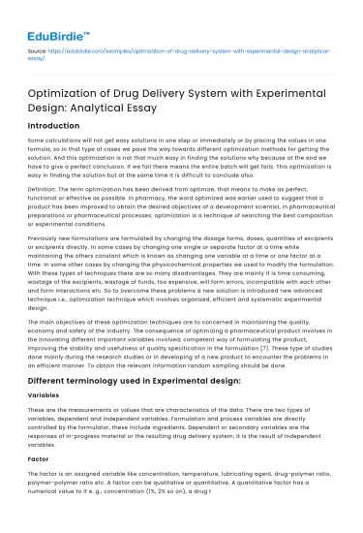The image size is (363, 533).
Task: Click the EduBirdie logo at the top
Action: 57,17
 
